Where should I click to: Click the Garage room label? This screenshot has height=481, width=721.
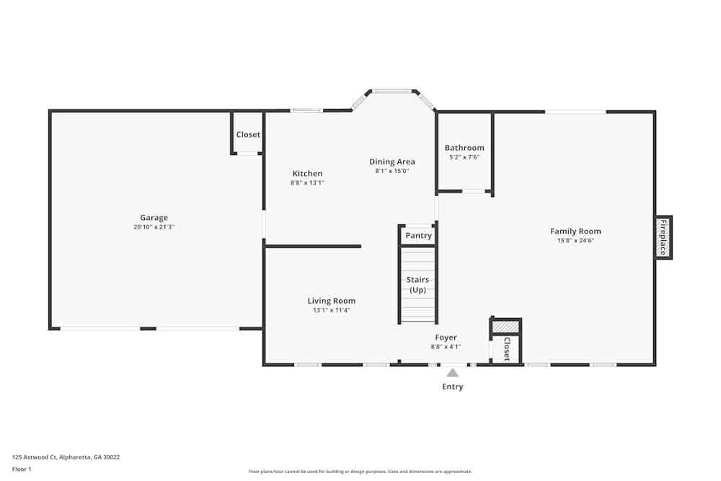coord(154,218)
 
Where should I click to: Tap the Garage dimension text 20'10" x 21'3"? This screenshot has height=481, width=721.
coord(154,227)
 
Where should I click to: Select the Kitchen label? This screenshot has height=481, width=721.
coord(307,174)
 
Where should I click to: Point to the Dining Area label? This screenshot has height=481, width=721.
coord(392,162)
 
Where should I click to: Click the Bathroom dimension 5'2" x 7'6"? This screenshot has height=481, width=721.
coord(464,157)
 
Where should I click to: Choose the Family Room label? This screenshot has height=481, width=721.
coord(575,231)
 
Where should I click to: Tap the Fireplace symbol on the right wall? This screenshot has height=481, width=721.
coord(663,237)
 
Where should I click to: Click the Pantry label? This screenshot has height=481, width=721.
coord(418,236)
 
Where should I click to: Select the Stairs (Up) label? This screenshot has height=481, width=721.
coord(418,285)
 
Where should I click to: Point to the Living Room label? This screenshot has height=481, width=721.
coord(332,301)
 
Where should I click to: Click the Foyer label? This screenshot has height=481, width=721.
coord(446,337)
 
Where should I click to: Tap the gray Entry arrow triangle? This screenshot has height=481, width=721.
coord(452,373)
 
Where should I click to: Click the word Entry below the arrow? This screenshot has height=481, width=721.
coord(452,387)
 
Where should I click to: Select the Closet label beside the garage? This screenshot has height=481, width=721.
coord(248,135)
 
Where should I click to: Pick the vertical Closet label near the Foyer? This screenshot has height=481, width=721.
coord(506,349)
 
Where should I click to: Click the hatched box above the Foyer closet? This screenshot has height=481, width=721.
coord(505,327)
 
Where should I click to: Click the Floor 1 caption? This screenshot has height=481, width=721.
coord(22,469)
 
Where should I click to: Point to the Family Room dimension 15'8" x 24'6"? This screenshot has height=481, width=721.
coord(575,241)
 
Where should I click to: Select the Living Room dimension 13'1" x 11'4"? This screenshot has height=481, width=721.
coord(332,310)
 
